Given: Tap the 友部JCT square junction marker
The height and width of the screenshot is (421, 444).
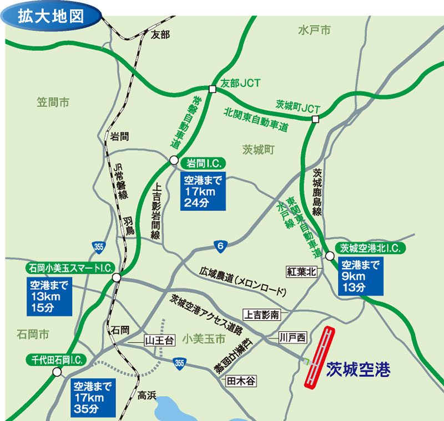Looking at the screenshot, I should (212, 89).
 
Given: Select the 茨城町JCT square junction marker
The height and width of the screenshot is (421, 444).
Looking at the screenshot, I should (315, 120).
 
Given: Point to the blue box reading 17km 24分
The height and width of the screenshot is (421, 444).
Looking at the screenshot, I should (203, 189).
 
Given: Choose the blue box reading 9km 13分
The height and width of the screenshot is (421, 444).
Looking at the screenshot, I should (361, 275).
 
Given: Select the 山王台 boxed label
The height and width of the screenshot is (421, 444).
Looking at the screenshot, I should (160, 340).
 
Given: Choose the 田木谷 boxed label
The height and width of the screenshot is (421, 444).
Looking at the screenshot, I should (242, 381).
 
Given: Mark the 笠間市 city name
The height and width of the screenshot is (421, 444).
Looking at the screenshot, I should (53, 102).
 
